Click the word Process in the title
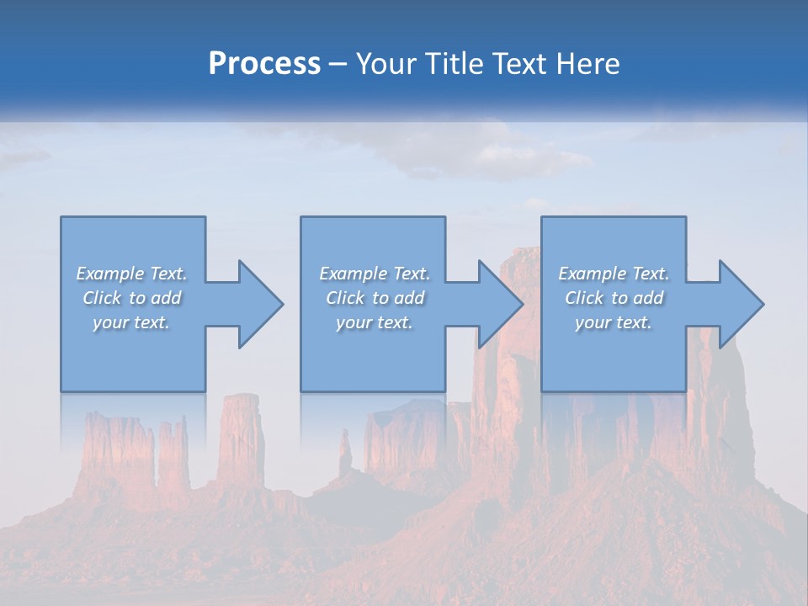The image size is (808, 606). (x=264, y=64)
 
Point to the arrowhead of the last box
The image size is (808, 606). (x=739, y=304)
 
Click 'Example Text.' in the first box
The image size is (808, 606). (x=131, y=274)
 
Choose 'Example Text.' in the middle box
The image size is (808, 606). (x=374, y=274)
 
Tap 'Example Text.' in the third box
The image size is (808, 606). (x=614, y=274)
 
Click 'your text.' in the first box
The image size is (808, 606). (x=131, y=322)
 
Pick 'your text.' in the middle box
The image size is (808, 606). (x=374, y=322)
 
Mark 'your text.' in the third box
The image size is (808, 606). (x=614, y=322)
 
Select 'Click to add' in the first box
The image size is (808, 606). (x=131, y=298)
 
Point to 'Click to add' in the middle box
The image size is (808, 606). (x=374, y=298)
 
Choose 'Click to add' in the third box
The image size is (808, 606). (x=614, y=298)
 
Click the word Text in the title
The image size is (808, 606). (x=517, y=64)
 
